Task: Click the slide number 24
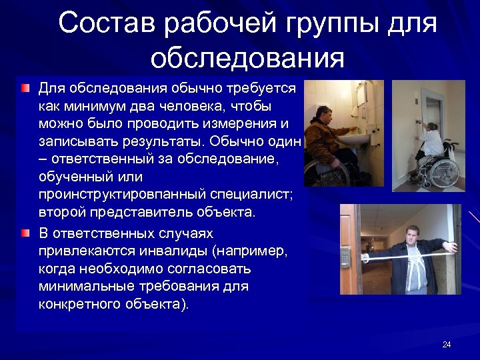click(447, 345)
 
